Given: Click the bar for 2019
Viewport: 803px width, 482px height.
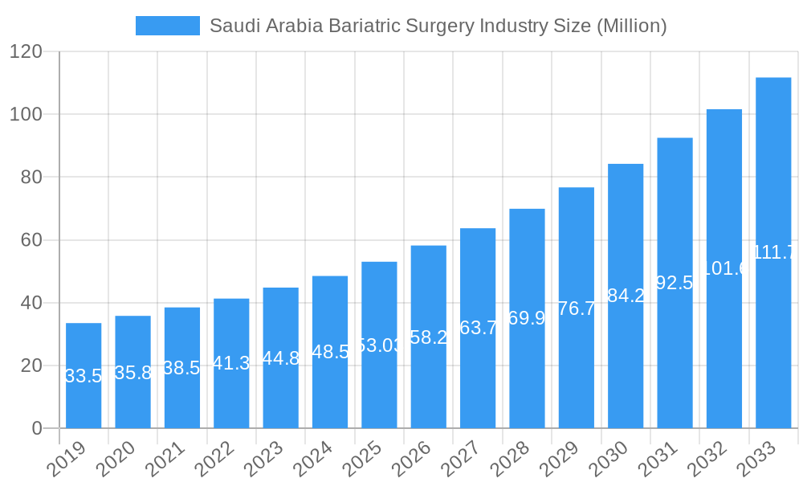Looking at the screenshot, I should (84, 375).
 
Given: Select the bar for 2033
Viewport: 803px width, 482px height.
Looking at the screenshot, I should (773, 252).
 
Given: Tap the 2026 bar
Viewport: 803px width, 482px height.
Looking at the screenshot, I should (428, 337).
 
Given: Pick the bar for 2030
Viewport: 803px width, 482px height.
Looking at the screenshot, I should (626, 296).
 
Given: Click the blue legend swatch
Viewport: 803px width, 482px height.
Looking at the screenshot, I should (167, 26).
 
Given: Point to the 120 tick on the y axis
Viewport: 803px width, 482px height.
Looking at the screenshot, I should (26, 51).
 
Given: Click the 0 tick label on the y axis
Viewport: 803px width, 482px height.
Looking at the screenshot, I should (37, 428).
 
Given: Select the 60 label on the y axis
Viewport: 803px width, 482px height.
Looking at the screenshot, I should (31, 240).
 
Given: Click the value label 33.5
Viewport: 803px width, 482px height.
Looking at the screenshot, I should (84, 376).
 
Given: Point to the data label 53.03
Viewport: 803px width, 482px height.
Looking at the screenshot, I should (379, 345).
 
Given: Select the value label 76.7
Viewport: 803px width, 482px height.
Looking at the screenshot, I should (577, 308).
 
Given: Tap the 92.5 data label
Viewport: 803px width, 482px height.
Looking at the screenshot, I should (675, 283).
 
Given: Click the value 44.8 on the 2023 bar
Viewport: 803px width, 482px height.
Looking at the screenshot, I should (280, 358).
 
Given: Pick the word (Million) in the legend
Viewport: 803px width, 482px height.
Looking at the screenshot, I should (630, 26).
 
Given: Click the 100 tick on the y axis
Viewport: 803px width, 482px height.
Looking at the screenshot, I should (26, 114).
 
